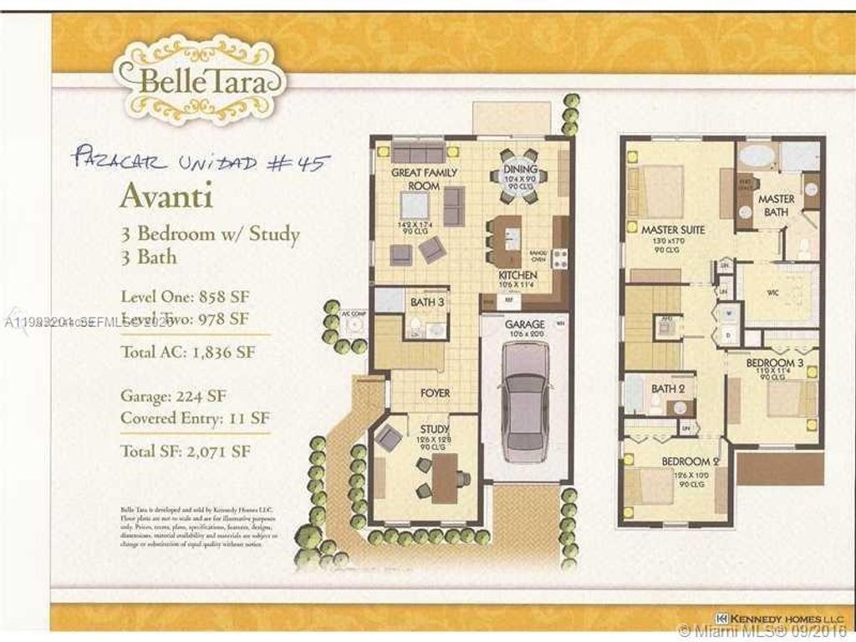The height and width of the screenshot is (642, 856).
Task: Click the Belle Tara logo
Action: click(x=200, y=81)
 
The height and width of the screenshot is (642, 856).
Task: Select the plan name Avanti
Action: click(x=166, y=196)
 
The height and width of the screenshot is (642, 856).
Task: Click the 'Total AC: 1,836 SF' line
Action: click(x=187, y=351)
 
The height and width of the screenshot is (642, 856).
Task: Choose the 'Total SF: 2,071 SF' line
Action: click(x=186, y=452)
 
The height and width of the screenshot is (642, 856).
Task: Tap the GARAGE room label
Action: click(x=524, y=324)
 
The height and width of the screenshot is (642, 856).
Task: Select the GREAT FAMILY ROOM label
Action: click(x=415, y=179)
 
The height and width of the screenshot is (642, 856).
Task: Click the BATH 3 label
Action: click(x=426, y=302)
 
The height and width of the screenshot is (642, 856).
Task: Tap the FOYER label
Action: click(x=435, y=392)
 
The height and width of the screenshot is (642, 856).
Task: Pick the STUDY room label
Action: click(x=435, y=429)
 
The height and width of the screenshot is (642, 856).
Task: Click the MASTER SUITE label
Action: click(x=673, y=229)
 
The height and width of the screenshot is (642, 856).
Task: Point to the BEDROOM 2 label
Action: click(x=690, y=461)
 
